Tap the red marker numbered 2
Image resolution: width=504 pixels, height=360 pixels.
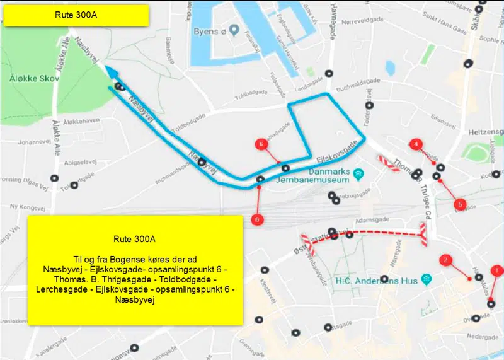(445, 260)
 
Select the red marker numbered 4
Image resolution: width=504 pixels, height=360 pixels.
(415, 144)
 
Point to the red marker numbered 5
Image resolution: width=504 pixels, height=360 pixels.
(460, 204)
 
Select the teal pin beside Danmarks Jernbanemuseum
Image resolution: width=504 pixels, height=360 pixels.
(358, 171)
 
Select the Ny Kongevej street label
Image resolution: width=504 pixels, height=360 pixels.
(27, 207)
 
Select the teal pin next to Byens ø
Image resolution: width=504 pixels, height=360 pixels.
(234, 30)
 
